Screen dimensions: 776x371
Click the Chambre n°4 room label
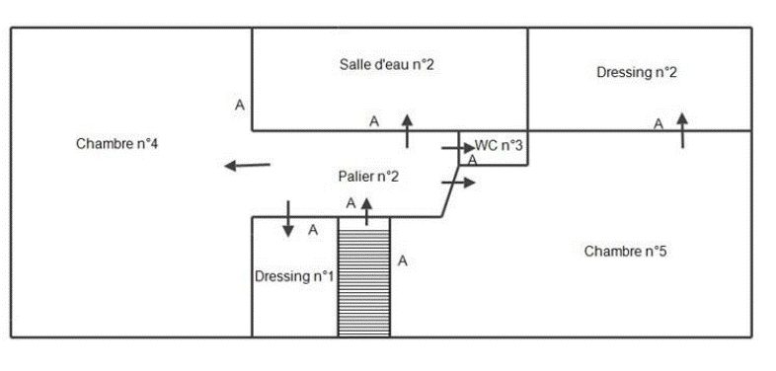point(116,144)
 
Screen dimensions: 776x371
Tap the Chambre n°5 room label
point(625,252)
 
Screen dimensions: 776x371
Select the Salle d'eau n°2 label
point(386,64)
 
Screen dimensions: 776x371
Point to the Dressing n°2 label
point(637,72)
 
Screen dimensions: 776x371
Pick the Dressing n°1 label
point(294,276)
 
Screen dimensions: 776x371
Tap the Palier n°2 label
point(368,177)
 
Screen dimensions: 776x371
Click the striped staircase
point(364,277)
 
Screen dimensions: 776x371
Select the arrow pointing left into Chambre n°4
point(248,165)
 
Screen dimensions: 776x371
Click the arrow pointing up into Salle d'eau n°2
point(407,130)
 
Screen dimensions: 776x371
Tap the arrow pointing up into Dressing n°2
point(682,130)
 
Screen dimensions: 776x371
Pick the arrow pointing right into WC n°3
point(458,147)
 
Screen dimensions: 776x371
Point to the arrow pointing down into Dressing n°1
point(288,219)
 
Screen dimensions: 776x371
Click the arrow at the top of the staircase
point(366,212)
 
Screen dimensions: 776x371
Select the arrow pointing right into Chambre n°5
point(458,183)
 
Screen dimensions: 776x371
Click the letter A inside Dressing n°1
point(313,230)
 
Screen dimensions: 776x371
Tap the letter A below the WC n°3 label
point(473,160)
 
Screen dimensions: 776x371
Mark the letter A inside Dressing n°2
point(659,124)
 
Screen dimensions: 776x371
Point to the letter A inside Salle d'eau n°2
point(374,121)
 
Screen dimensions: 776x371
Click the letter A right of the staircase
point(403,260)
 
